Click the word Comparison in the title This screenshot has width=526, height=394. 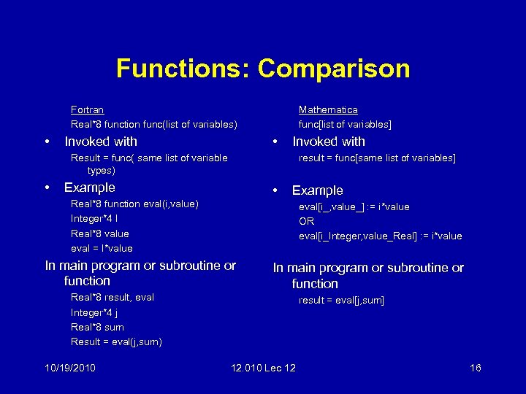334,69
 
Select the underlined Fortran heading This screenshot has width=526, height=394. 87,109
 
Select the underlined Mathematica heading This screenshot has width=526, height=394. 328,109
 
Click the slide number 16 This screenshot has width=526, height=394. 475,368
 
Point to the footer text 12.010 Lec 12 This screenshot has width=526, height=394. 263,368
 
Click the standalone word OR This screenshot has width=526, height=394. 306,221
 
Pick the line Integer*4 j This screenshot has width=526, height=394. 95,312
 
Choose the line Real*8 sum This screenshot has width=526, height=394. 97,327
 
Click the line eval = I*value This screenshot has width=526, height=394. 102,248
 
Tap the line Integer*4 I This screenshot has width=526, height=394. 95,218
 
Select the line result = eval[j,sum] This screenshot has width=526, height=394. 341,300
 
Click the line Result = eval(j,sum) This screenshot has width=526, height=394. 116,341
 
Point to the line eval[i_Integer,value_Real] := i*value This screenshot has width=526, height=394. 380,236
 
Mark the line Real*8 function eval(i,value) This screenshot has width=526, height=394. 134,204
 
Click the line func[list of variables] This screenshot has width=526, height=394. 345,125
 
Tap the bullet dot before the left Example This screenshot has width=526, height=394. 47,188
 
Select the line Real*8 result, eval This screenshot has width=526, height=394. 112,297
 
